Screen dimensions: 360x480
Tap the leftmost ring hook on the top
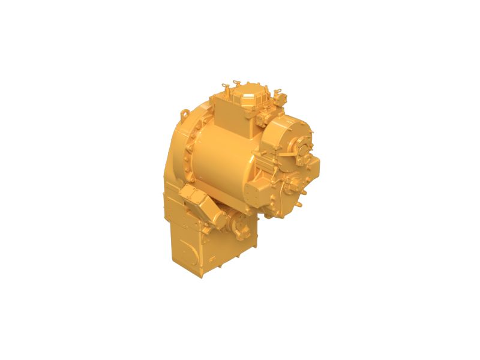tap(224, 85)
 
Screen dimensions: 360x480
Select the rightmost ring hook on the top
tap(278, 92)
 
